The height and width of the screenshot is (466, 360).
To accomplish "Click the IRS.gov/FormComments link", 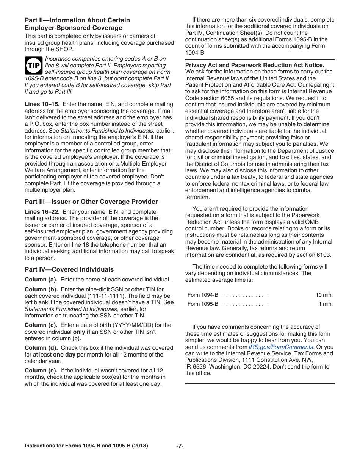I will [281, 347].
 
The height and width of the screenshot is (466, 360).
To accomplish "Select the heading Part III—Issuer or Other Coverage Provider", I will [91, 202].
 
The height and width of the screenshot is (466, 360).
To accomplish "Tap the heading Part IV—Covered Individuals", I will [69, 269].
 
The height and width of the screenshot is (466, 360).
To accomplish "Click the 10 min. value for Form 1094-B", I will [324, 295].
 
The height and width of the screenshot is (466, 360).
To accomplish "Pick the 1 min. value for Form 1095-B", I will [326, 304].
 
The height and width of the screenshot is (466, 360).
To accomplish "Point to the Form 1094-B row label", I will [203, 295].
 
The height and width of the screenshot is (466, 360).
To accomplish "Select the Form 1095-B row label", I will [203, 304].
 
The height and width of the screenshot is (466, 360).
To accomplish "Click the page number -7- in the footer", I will [180, 446].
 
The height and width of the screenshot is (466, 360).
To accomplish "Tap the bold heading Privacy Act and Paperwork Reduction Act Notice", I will [255, 65].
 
